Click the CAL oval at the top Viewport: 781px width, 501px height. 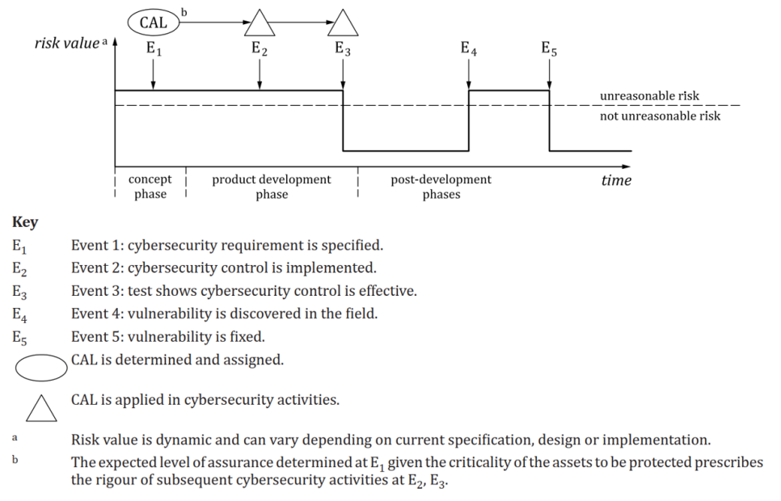coord(153,23)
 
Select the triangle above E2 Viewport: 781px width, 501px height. coord(259,24)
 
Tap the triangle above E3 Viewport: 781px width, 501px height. coord(344,24)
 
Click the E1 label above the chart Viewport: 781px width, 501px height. coord(154,48)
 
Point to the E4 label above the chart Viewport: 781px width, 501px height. coord(469,48)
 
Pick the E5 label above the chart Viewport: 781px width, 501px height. coord(549,48)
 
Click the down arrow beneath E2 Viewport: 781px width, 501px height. coord(259,74)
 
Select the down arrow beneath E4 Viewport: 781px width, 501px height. coord(469,74)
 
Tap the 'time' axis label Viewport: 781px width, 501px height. coord(616,180)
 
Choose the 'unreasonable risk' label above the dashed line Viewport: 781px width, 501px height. coord(649,96)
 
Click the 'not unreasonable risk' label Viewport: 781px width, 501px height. coord(660,116)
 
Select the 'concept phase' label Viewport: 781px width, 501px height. coord(150,187)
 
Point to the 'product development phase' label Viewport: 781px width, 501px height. coord(272,187)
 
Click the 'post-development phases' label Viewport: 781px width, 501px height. coord(441,187)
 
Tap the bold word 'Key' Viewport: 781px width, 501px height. coord(25,222)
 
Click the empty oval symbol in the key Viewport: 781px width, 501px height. coord(41,366)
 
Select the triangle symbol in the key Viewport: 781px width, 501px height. coord(41,407)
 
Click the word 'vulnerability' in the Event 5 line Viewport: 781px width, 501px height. coord(166,337)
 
